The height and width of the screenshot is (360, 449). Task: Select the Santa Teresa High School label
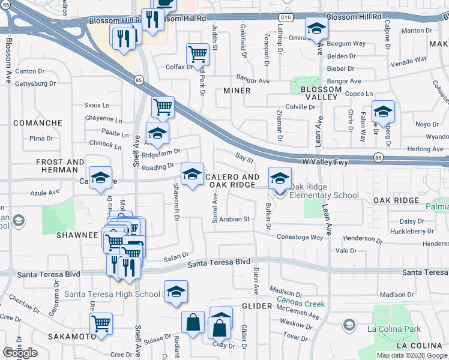112,294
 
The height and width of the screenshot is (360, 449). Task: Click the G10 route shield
288,18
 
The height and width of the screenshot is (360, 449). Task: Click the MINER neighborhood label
237,91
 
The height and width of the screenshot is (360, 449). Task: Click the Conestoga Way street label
300,237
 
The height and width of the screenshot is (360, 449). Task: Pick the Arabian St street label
234,220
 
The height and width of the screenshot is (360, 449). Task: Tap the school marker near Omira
316,28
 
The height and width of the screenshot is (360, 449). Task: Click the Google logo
20,353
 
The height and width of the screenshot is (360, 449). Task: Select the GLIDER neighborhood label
257,306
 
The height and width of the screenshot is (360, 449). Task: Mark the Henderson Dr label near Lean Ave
355,238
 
